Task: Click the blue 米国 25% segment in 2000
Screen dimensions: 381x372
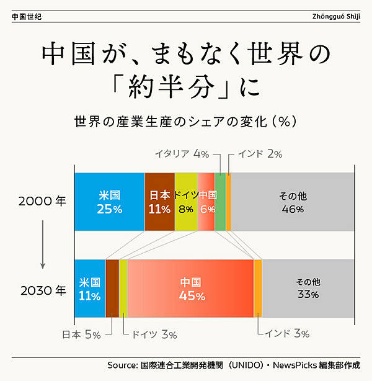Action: pos(109,202)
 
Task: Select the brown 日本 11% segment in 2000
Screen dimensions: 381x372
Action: pos(159,202)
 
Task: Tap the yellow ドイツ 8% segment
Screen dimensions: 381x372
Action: pos(186,202)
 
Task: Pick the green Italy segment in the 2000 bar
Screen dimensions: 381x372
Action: pos(220,202)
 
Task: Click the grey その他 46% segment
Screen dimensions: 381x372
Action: pos(293,202)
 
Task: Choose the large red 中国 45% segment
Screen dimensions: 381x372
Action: pos(191,289)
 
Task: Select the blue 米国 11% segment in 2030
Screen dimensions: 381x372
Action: pos(89,289)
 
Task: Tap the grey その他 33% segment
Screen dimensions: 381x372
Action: pos(308,289)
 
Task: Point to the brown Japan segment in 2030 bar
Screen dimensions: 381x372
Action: pos(112,289)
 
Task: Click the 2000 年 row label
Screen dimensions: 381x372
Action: pos(42,202)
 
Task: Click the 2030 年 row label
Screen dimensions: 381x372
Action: pos(42,289)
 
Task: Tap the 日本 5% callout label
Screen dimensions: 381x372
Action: pos(81,334)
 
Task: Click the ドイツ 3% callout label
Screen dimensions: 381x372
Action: pos(153,334)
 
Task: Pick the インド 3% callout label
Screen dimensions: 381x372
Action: pos(286,334)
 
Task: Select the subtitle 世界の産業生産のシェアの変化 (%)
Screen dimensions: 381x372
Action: pos(186,120)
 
